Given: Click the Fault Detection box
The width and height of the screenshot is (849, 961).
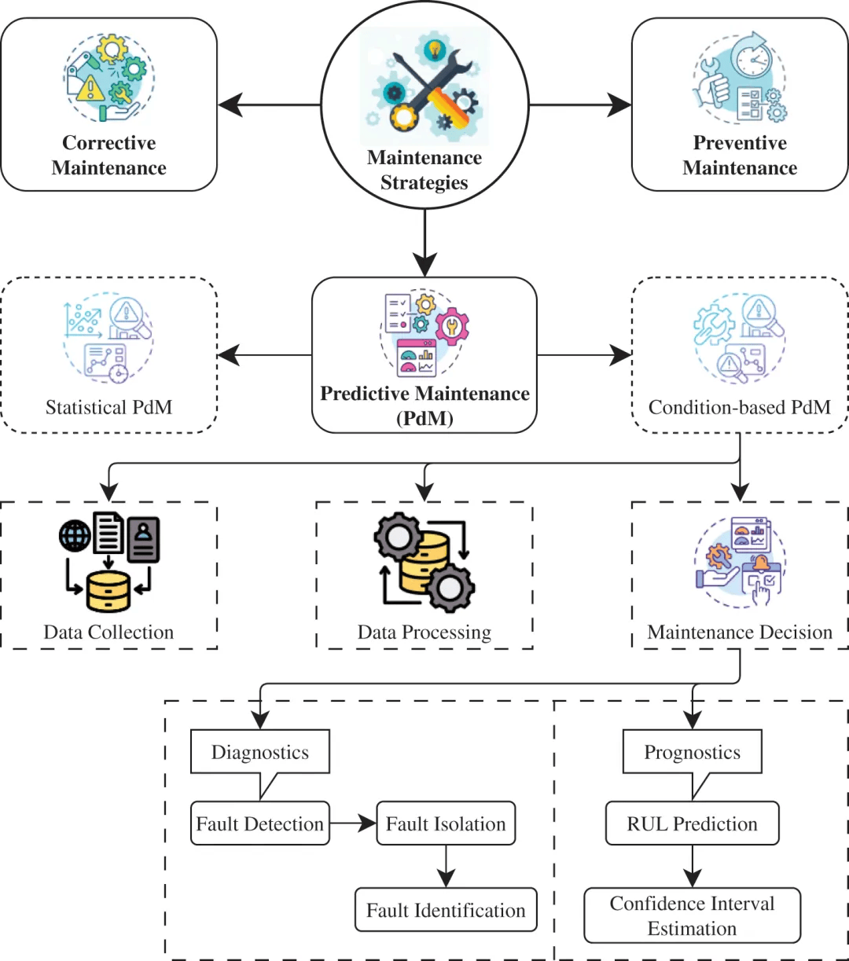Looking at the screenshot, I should [x=259, y=823].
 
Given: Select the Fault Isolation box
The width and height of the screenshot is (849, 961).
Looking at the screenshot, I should [x=446, y=823].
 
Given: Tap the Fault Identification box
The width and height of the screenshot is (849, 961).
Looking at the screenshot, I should [x=446, y=910].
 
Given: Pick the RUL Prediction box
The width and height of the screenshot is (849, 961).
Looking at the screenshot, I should [x=692, y=823].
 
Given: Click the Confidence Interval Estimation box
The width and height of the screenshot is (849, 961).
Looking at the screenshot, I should [x=692, y=915].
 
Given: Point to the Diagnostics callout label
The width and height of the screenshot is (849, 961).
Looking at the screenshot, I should [x=259, y=752].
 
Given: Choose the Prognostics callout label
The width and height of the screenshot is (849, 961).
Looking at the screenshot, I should [x=692, y=752].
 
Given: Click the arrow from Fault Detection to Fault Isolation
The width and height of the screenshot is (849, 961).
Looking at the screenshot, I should [x=353, y=823].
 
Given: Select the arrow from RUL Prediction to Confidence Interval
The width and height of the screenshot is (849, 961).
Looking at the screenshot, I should [x=692, y=866].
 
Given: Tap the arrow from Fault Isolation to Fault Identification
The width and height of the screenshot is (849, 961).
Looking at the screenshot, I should [x=446, y=866].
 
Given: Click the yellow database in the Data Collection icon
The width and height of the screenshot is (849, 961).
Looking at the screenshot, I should [x=108, y=592].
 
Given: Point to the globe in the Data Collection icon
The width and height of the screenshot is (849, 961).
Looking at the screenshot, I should [x=75, y=536].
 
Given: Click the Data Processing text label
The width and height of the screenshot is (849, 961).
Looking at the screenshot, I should [x=424, y=633].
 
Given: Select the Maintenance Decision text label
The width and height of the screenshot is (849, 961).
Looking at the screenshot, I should [x=740, y=633].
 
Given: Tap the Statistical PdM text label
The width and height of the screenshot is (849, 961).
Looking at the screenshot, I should [x=108, y=407].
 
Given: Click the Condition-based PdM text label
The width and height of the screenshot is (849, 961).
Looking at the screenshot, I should [x=740, y=407].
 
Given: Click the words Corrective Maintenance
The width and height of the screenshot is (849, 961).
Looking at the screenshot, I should [x=108, y=155].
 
